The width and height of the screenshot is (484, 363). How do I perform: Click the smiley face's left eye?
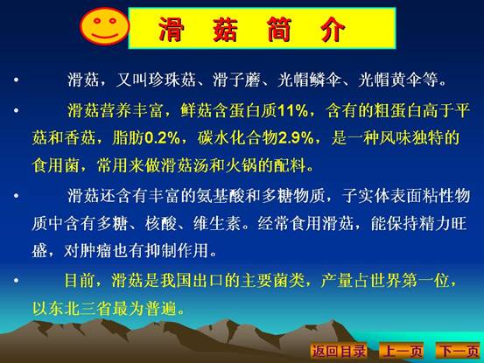(x=97, y=21)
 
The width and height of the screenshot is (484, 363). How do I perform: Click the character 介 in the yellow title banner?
(x=332, y=28)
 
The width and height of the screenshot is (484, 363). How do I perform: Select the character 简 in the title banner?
(x=279, y=28)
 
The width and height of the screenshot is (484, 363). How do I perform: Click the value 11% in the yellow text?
(x=292, y=110)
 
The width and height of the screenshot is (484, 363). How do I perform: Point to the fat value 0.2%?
(x=162, y=138)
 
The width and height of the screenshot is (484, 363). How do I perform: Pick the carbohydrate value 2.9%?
(x=296, y=138)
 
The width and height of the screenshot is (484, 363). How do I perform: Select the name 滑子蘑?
(x=236, y=80)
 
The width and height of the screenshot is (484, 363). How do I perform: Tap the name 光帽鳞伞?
(x=309, y=80)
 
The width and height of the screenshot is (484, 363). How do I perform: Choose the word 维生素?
(x=217, y=223)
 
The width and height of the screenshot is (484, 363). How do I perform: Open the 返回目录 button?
(x=339, y=351)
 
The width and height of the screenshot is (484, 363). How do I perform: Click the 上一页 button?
(x=402, y=351)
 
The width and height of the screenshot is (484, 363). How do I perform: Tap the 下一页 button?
(x=459, y=351)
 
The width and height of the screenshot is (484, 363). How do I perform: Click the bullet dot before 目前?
(x=16, y=280)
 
